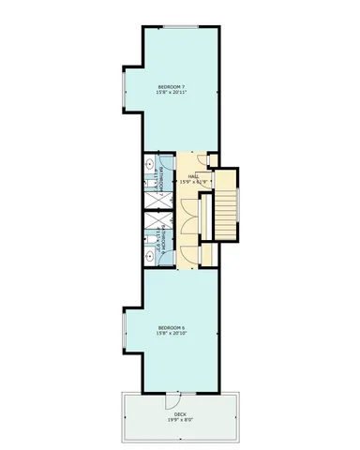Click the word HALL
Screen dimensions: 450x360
[193, 175]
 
